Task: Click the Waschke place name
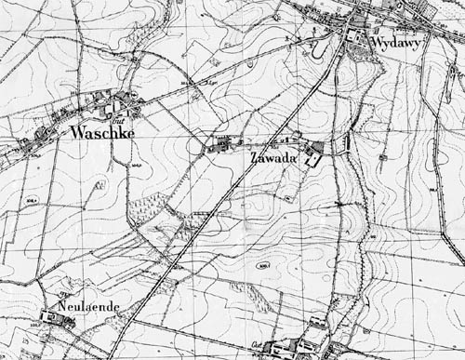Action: (x=102, y=133)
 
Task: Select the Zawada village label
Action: (x=273, y=160)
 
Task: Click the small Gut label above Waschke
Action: (x=118, y=119)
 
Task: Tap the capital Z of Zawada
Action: (x=255, y=160)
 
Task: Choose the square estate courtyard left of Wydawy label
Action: (x=356, y=36)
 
